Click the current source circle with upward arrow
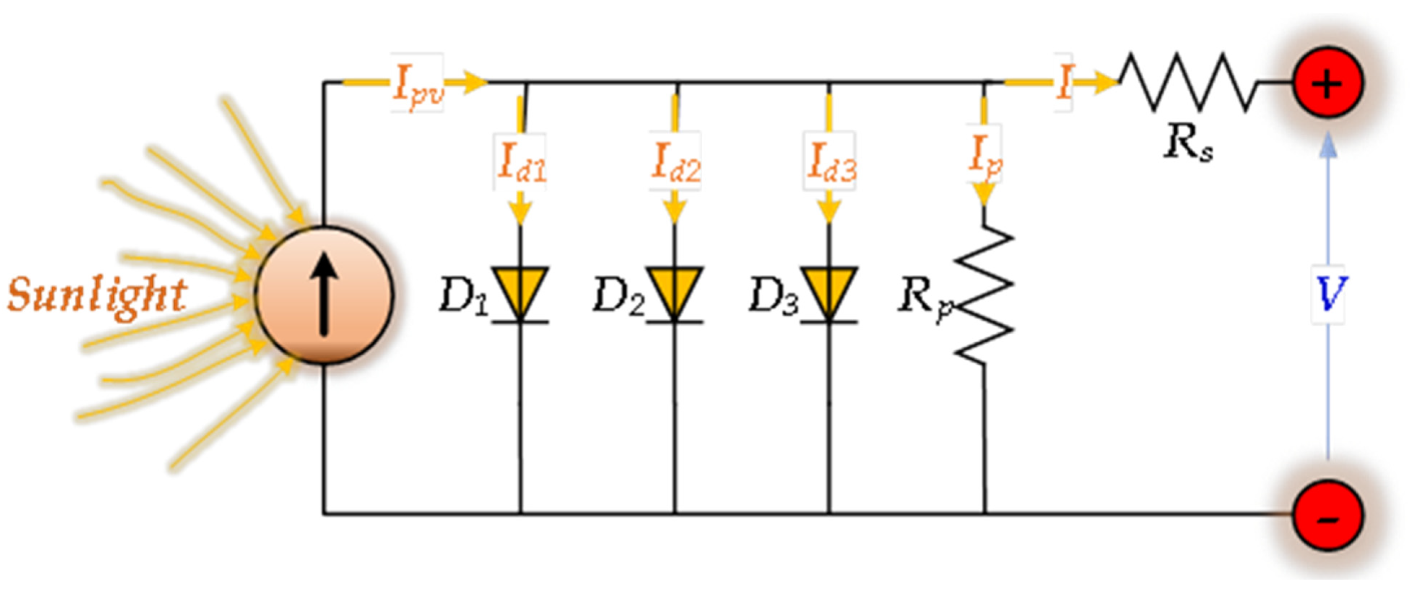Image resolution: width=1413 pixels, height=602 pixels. pyautogui.click(x=325, y=295)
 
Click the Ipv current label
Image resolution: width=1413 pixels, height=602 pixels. pyautogui.click(x=417, y=83)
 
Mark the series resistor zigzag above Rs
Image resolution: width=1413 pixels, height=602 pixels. pyautogui.click(x=1187, y=82)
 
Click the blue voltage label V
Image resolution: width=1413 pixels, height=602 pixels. pyautogui.click(x=1328, y=295)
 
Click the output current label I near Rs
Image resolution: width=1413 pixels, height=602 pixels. pyautogui.click(x=1063, y=83)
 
